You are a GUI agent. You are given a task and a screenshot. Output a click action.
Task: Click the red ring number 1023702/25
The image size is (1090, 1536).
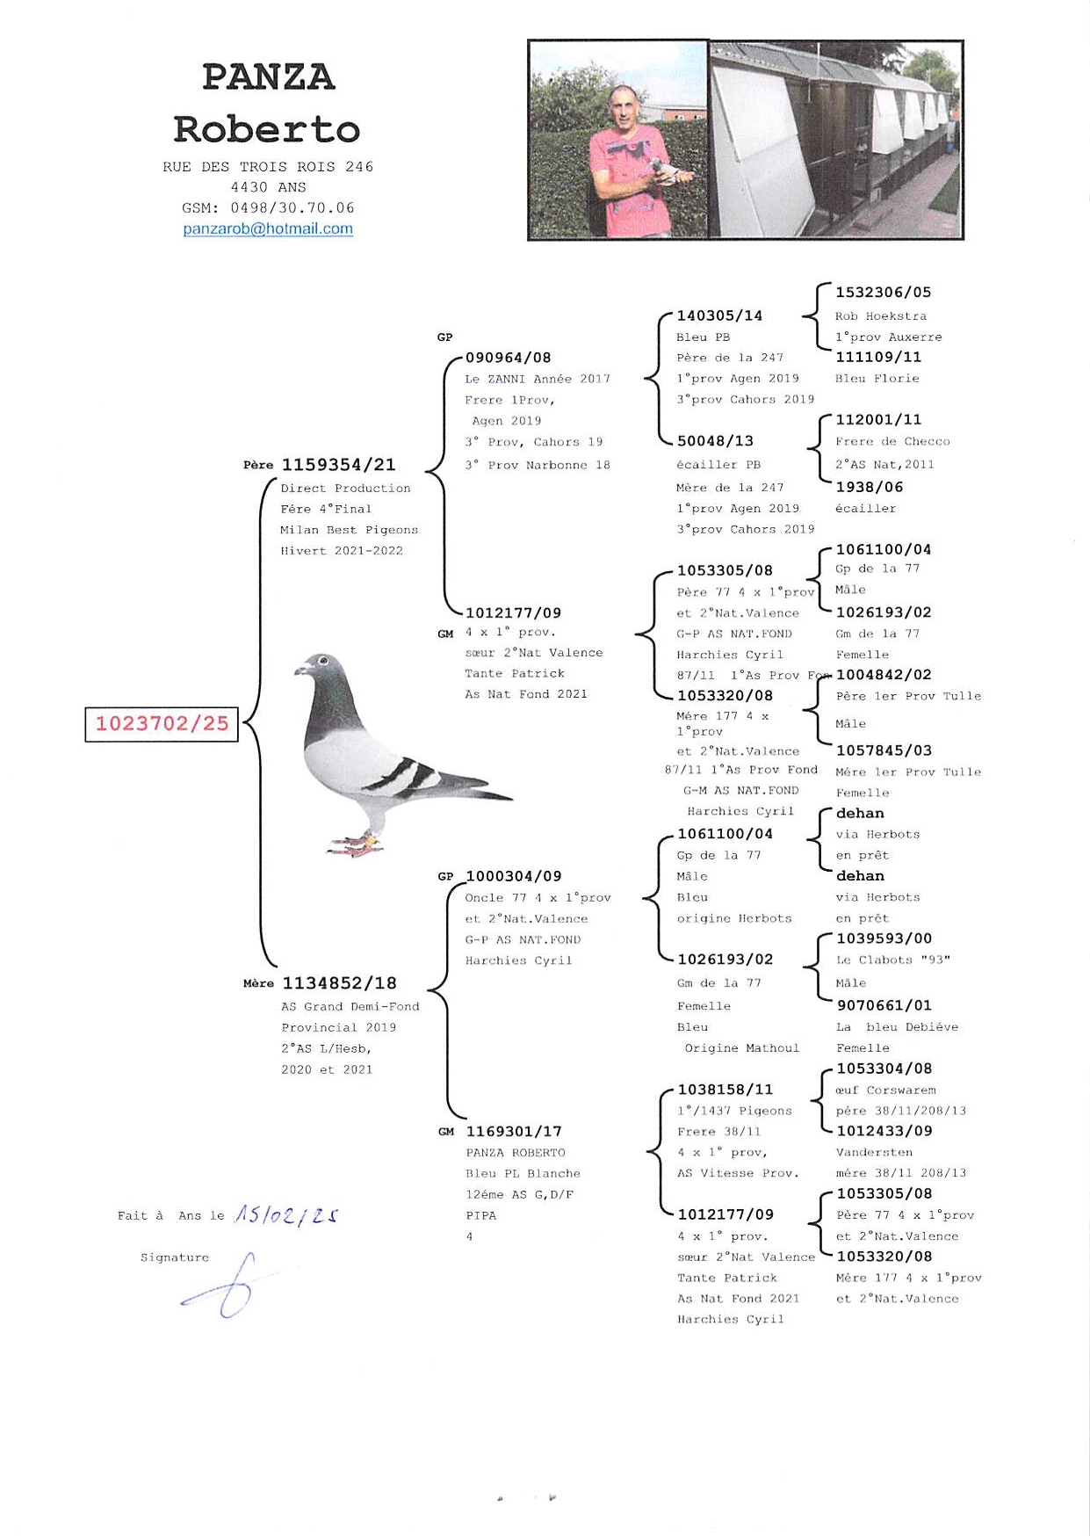coord(162,724)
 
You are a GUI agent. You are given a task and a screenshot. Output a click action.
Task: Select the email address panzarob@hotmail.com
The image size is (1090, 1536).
coord(268,229)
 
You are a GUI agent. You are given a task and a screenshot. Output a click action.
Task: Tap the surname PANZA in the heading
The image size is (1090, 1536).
coord(268,77)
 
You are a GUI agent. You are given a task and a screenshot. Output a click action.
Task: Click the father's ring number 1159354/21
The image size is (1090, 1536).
coord(338,465)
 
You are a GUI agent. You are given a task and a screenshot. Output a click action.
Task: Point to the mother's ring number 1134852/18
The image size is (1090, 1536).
coord(339,983)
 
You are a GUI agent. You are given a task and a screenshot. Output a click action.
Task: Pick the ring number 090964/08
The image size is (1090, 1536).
coord(509,358)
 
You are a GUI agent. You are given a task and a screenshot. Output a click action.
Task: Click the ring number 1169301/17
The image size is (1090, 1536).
coord(514,1132)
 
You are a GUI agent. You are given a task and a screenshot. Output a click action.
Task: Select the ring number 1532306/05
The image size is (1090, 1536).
coord(883,293)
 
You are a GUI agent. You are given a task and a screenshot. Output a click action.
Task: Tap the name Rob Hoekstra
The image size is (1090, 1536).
coord(880,316)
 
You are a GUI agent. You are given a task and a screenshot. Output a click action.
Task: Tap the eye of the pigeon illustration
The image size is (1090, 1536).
coord(323,661)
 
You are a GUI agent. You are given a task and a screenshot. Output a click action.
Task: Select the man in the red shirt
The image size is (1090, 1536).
coord(627,167)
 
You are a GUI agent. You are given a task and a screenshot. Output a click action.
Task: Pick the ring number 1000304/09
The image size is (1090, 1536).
coord(513,877)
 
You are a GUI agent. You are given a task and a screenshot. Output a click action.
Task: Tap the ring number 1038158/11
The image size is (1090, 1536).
coord(725,1090)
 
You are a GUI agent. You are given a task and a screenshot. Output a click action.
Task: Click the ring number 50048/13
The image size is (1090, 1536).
coord(715,441)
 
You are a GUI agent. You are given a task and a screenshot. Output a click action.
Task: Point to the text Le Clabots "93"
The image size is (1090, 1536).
coord(892,960)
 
